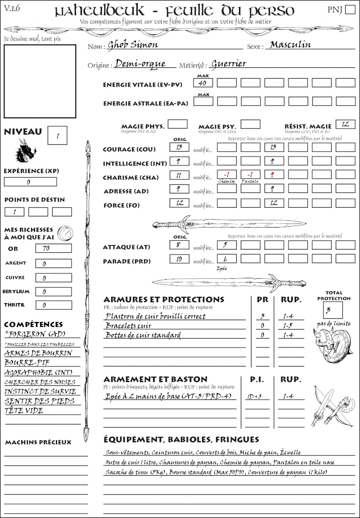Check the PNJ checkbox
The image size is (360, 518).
350,10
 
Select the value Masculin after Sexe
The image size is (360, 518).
290,45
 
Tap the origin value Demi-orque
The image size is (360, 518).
140,64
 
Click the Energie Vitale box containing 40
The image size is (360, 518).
203,83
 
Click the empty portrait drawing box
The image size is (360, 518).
40,80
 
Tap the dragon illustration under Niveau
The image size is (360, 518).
26,151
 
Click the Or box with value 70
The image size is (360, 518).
53,248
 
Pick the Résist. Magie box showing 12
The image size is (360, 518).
345,124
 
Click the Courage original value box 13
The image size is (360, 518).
179,147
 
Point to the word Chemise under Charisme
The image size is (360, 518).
226,181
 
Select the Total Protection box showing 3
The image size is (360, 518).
333,310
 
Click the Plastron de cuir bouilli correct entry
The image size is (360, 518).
155,316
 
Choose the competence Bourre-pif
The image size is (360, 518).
27,362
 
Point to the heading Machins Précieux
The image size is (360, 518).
38,442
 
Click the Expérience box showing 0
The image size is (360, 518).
30,182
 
